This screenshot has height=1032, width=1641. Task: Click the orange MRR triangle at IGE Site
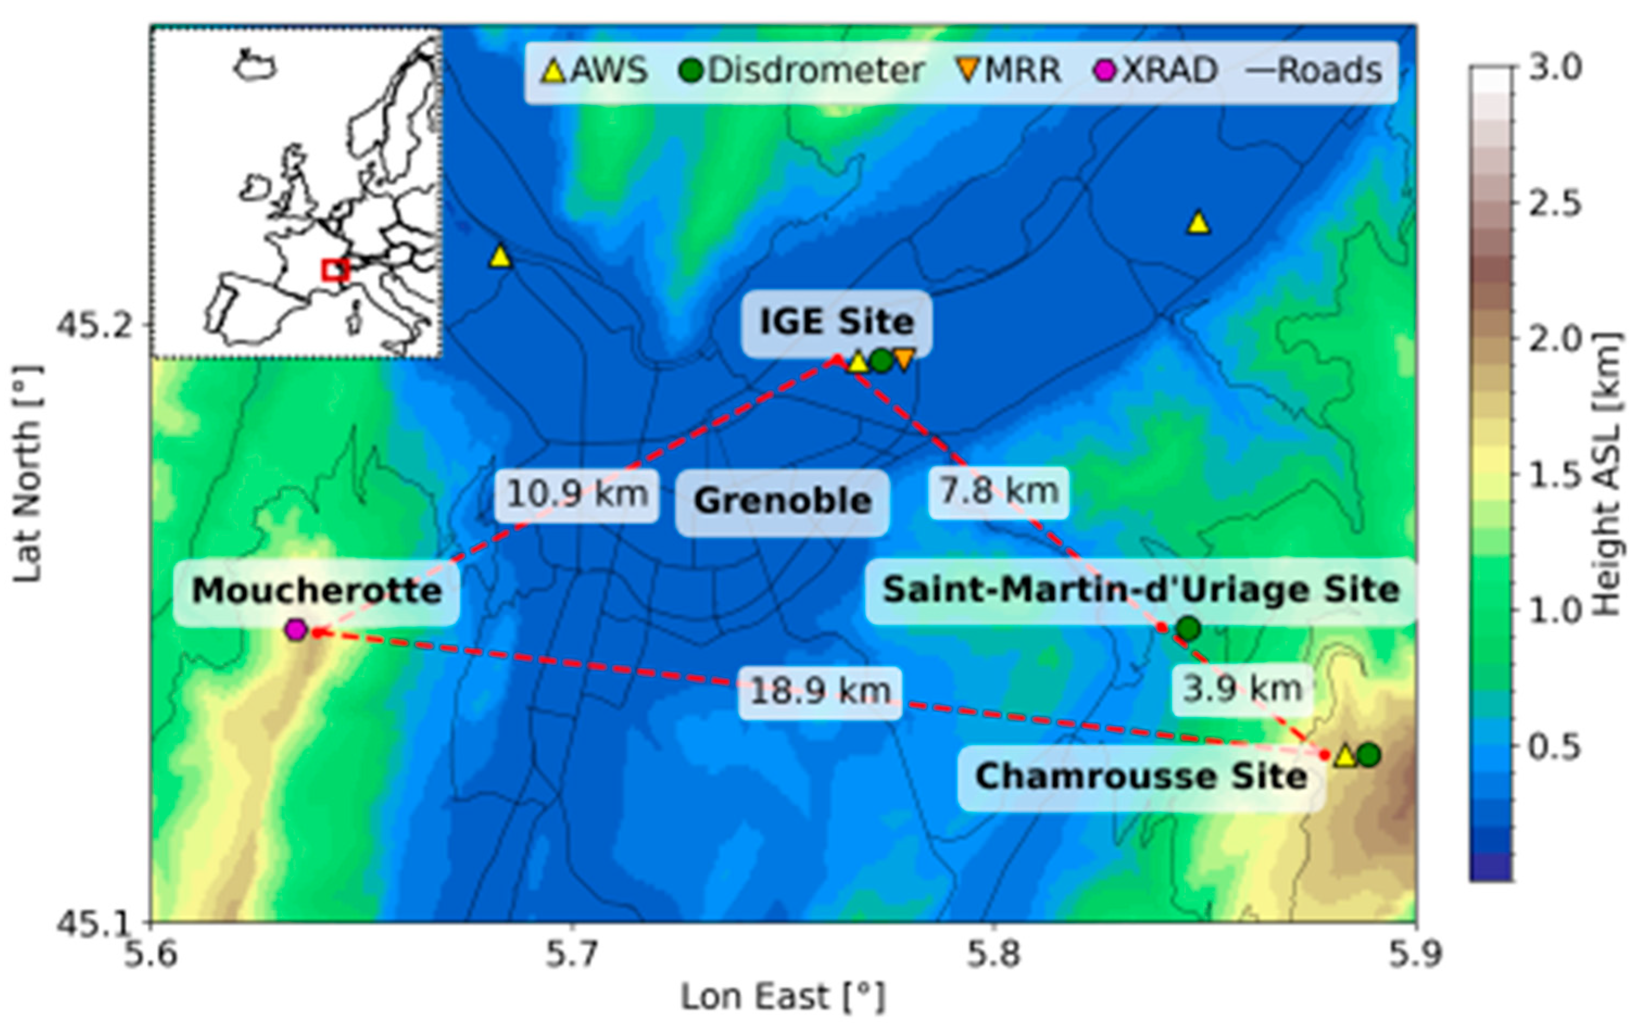[x=904, y=359]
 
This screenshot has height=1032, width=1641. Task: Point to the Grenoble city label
[x=782, y=502]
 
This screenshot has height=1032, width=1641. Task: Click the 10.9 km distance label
[x=577, y=494]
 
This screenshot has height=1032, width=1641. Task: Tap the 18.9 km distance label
[x=820, y=692]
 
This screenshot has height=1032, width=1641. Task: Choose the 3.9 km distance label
[x=1242, y=689]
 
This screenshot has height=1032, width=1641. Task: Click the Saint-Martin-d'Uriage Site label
[x=1140, y=590]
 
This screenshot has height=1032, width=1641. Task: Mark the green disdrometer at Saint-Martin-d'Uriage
[x=1188, y=629]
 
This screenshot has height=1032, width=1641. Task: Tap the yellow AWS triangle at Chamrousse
[x=1345, y=756]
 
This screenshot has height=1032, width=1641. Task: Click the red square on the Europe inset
[x=334, y=270]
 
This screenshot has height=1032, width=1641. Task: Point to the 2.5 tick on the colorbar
[x=1554, y=203]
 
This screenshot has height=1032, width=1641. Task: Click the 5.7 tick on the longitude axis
[x=572, y=955]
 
